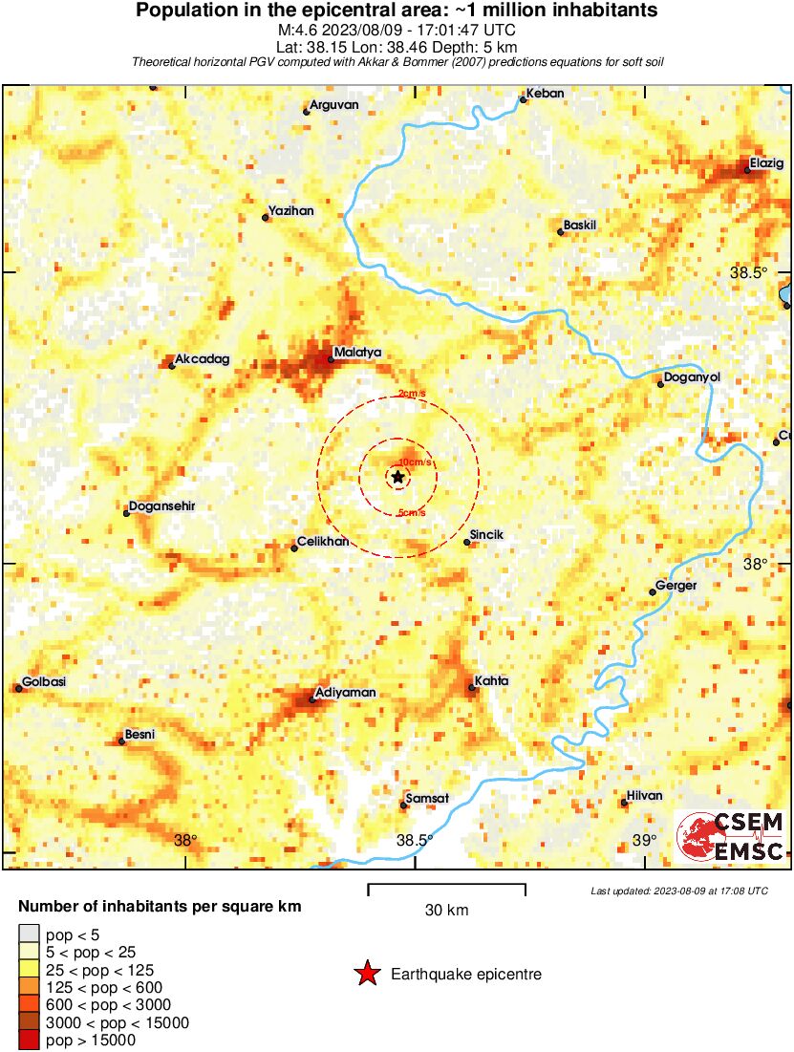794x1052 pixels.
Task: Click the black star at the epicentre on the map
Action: tap(397, 476)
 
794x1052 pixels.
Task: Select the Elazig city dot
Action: tap(747, 171)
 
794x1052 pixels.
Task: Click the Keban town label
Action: tap(547, 93)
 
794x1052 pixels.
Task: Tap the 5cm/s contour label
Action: tap(412, 513)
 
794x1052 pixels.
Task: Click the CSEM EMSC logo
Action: tap(732, 835)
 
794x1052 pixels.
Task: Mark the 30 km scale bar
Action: tap(446, 889)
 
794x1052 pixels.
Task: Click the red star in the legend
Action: tap(366, 974)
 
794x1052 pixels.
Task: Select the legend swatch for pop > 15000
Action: tap(29, 1041)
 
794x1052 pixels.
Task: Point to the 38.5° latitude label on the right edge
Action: tap(748, 273)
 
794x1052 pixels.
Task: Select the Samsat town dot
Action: tap(403, 805)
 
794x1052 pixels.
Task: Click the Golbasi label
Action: tap(44, 682)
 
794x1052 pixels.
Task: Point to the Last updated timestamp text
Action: tap(678, 891)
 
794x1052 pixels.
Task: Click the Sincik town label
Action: tap(487, 535)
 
